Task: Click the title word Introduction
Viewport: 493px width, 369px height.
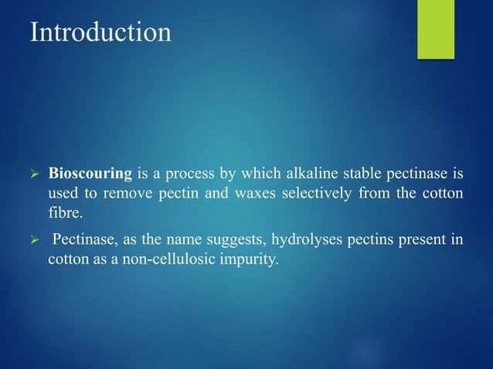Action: pyautogui.click(x=100, y=32)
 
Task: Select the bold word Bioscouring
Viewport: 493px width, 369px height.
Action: pyautogui.click(x=90, y=171)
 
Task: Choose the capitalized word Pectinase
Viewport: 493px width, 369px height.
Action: pyautogui.click(x=83, y=240)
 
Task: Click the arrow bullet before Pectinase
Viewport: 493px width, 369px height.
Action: pyautogui.click(x=34, y=241)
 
